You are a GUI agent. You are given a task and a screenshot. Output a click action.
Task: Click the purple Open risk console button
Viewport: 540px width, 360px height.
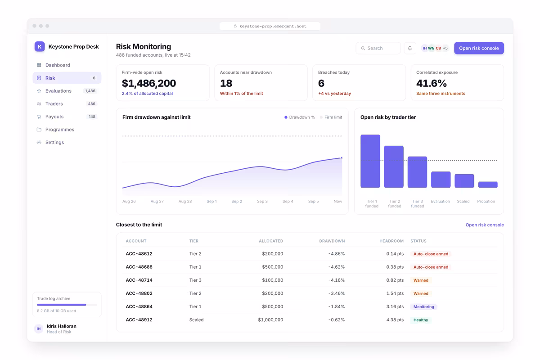tap(479, 48)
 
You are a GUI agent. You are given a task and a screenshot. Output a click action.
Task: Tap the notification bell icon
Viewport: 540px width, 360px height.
tap(410, 48)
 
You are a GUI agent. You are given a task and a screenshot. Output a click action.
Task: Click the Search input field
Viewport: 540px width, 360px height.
tap(378, 48)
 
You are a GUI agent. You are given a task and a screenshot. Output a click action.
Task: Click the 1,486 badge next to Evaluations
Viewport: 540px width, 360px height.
tap(90, 91)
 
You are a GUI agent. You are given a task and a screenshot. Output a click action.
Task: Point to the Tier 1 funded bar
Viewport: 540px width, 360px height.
tap(370, 161)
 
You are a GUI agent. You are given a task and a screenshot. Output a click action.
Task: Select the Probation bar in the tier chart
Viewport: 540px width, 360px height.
tap(488, 184)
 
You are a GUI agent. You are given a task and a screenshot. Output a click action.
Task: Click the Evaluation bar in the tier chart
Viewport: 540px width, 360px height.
tap(441, 180)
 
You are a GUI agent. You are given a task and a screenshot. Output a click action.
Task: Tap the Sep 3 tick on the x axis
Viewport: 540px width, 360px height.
tap(262, 201)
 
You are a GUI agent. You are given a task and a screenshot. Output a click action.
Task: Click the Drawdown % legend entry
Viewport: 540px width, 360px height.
tap(300, 117)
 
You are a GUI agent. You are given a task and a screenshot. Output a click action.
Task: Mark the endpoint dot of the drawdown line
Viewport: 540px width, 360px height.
tap(342, 157)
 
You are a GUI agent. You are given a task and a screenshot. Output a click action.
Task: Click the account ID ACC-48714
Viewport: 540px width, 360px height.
tap(139, 280)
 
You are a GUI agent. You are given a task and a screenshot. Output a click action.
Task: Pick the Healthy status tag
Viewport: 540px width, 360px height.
tap(421, 320)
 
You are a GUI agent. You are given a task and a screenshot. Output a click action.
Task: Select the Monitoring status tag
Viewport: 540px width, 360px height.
tap(423, 307)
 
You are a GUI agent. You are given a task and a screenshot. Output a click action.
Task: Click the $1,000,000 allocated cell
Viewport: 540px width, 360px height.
tap(270, 320)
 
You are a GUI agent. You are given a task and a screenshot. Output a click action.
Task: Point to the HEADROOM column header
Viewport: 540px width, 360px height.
tap(391, 241)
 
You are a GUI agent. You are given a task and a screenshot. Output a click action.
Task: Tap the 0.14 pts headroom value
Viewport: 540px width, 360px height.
tap(395, 254)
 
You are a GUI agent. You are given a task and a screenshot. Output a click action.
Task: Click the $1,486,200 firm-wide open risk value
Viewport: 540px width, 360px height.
tap(149, 83)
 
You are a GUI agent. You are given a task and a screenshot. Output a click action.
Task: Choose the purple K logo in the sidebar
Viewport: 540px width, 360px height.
tap(40, 46)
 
